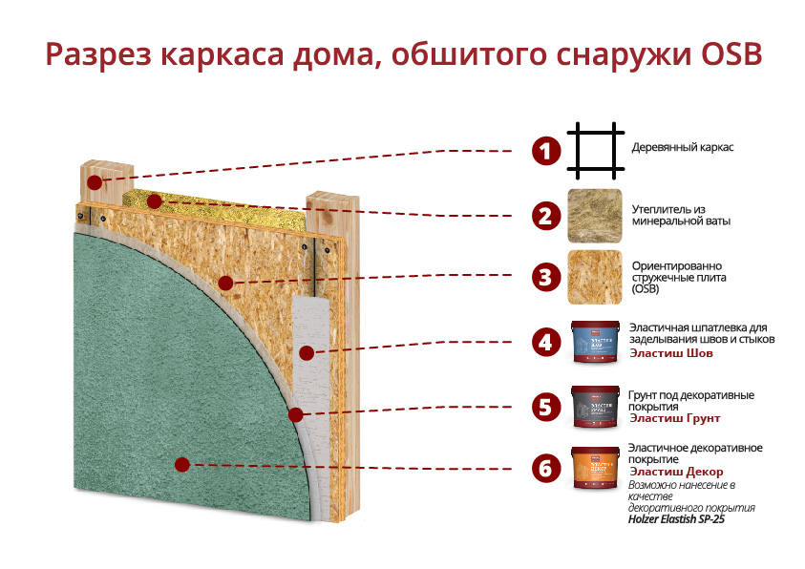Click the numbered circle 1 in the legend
point(545,151)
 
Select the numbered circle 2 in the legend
point(545,215)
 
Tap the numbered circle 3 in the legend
point(545,278)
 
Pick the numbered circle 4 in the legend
point(545,342)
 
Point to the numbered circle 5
point(545,407)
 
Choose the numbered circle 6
point(545,469)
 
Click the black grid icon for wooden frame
point(595,150)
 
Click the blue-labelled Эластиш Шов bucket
point(595,342)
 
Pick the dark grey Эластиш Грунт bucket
point(595,406)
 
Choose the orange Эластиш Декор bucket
point(595,468)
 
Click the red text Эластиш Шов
point(671,353)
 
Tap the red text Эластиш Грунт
point(674,418)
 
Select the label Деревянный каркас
point(683,149)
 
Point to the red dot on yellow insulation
point(154,202)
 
